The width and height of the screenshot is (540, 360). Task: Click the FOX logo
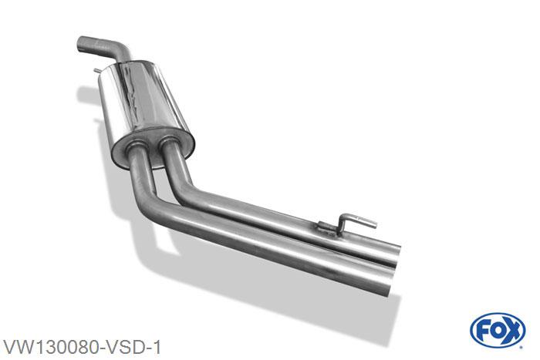click(x=498, y=331)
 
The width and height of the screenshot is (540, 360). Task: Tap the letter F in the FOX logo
click(x=482, y=331)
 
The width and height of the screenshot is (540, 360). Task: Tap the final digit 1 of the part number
click(x=157, y=347)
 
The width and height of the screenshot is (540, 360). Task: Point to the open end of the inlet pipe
click(x=80, y=44)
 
